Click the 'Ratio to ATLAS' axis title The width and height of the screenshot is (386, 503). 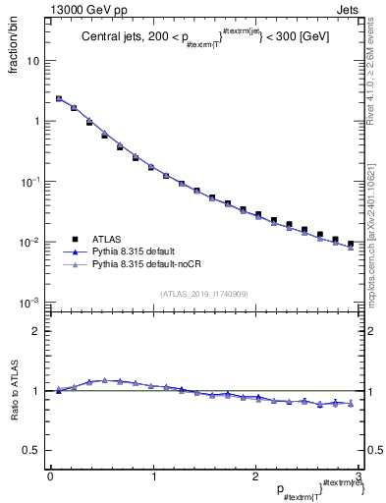(x=13, y=391)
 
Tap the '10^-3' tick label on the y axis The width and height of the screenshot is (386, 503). (x=30, y=303)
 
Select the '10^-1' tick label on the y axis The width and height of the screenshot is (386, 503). (x=30, y=182)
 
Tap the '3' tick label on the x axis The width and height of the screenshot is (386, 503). (x=358, y=475)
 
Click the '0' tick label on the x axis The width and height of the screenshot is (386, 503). (x=50, y=475)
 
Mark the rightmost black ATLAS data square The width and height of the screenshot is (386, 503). (x=350, y=244)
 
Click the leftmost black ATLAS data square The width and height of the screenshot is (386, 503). (x=59, y=99)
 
